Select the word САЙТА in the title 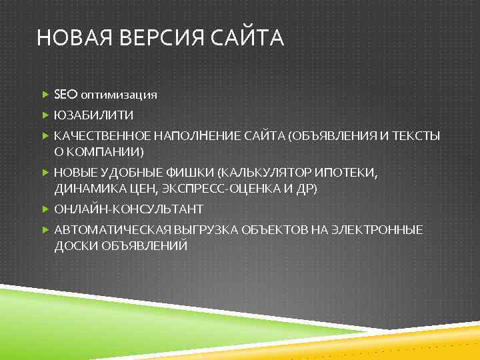249,38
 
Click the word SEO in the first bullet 66,94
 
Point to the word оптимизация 119,95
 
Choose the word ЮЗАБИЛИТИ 93,115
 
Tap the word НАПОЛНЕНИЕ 198,136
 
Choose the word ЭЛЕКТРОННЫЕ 383,231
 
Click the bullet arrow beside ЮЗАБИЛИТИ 45,115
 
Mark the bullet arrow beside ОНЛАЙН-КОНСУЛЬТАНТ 45,209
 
